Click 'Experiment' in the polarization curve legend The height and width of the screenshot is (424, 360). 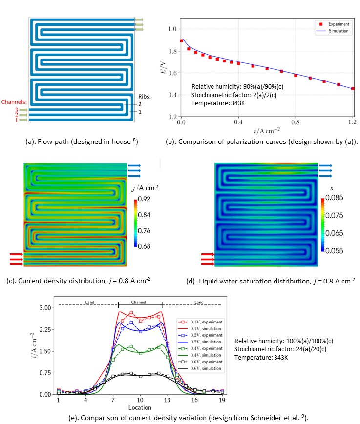click(337, 23)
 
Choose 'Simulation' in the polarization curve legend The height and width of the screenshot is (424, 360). click(337, 30)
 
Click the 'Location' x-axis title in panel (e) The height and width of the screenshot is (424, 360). click(140, 407)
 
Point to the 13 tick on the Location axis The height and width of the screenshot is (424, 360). click(168, 400)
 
